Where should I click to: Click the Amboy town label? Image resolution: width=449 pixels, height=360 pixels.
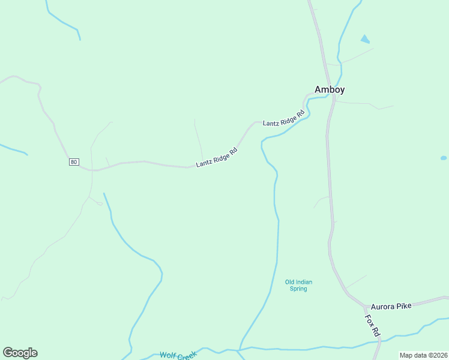(x=330, y=89)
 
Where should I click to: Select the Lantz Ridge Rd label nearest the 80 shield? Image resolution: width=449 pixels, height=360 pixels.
(x=217, y=158)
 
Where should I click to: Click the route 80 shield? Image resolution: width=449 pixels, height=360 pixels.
(x=74, y=162)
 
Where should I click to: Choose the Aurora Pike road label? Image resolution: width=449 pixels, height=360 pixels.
(x=391, y=306)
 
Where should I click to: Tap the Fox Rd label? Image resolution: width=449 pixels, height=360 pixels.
(x=373, y=325)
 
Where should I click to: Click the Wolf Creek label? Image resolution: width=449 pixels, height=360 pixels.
(x=178, y=356)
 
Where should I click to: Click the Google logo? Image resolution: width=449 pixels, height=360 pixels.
(x=20, y=353)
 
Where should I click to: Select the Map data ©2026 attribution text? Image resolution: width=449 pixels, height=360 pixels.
(x=423, y=355)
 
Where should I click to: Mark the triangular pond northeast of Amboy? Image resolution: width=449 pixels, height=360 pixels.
(x=365, y=40)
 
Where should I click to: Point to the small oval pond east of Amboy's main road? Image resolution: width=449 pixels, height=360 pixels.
(x=444, y=158)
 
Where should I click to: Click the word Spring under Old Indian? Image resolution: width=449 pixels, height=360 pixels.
(x=298, y=289)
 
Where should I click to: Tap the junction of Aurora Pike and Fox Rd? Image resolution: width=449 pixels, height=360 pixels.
(x=364, y=305)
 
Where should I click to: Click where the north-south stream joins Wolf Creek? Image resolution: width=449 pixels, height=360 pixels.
(x=239, y=349)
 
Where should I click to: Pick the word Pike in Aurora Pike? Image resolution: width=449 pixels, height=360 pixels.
(x=405, y=306)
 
